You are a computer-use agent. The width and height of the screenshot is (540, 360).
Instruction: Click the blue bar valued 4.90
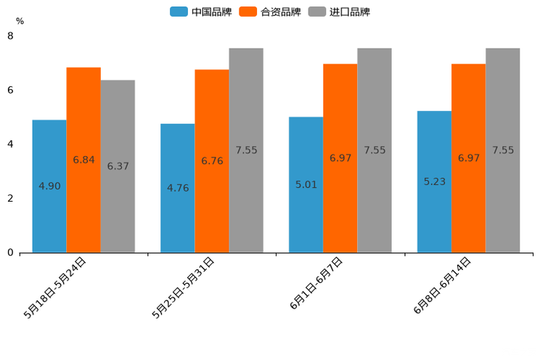pos(49,187)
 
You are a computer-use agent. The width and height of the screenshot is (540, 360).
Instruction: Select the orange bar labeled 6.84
pos(83,160)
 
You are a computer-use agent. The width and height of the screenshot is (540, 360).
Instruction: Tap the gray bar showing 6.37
pos(118,166)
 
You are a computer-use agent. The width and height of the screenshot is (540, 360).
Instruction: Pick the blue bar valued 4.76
pos(178,188)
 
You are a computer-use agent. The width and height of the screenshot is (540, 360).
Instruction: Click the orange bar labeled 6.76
pos(212,161)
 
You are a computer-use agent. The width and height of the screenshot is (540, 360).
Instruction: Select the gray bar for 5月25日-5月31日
pos(246,150)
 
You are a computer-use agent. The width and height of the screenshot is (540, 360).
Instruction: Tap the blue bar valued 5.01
pos(306,185)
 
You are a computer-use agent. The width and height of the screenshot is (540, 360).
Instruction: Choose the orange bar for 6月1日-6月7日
pos(340,158)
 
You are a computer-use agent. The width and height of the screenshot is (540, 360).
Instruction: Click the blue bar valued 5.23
pos(434,181)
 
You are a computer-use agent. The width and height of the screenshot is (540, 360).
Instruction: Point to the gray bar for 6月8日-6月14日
pos(503,150)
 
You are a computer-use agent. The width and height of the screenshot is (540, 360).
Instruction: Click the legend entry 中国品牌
pos(201,12)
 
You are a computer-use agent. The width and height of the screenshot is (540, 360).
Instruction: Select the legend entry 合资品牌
pos(270,12)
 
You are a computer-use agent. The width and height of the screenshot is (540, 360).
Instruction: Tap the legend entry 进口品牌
pos(339,12)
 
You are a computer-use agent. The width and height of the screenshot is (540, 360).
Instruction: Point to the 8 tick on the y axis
pos(10,36)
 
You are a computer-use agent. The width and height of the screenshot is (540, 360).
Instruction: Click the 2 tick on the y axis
pos(10,198)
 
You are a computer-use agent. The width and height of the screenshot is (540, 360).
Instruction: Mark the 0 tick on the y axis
pos(10,253)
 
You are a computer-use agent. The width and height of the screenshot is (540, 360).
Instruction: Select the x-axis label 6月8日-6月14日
pos(443,286)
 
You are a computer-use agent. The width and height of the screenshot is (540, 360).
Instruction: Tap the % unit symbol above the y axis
pos(20,21)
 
